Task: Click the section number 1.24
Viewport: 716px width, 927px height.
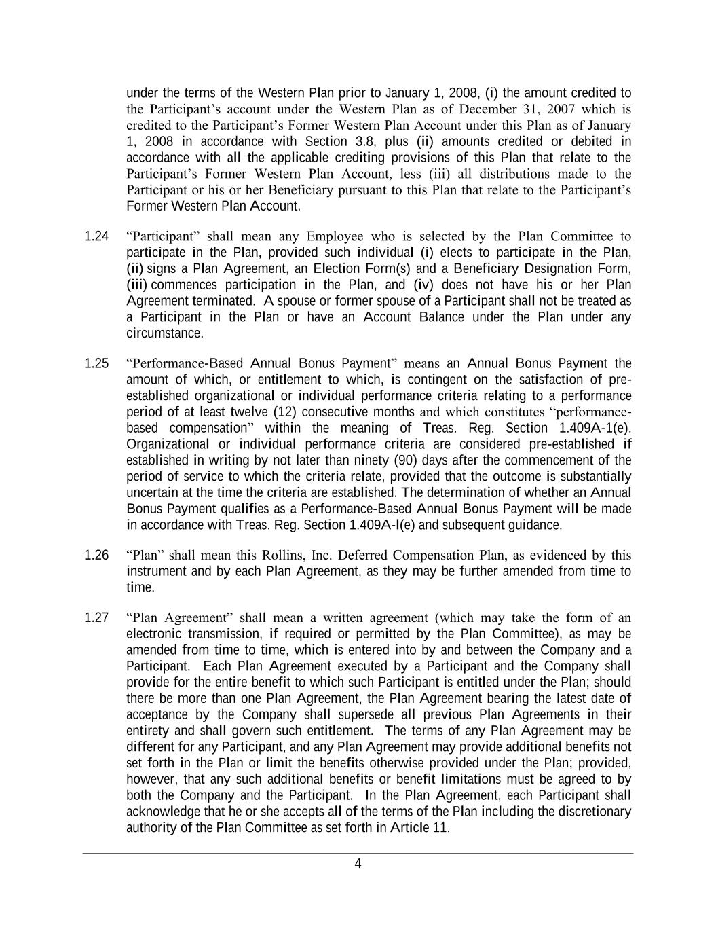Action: tap(96, 236)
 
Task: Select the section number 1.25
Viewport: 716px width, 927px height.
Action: tap(96, 363)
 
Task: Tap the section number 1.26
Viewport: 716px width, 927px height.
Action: tap(96, 555)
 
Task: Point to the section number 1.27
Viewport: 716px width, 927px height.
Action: tap(96, 617)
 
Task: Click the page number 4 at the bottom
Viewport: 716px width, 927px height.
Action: tap(358, 864)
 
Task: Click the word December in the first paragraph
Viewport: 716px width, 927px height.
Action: tap(489, 109)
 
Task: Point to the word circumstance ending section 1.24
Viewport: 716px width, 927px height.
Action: tap(164, 333)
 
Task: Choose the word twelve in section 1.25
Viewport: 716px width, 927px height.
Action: tap(248, 412)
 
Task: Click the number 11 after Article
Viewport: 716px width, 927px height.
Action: tap(440, 828)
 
